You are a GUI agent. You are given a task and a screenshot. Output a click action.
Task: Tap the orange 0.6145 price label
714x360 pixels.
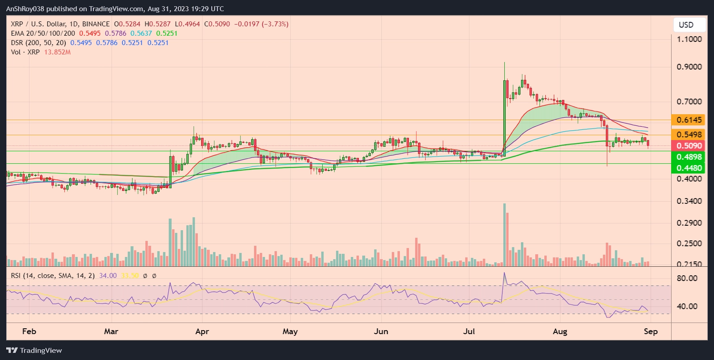689,120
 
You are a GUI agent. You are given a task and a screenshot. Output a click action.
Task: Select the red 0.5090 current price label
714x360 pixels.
689,146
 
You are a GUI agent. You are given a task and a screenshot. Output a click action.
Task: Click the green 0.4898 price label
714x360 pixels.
689,157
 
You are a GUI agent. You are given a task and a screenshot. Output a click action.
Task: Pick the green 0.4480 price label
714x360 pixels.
689,168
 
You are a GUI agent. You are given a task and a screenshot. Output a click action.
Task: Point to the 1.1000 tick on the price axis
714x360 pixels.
689,39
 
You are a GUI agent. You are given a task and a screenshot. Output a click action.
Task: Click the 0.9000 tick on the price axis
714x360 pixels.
689,67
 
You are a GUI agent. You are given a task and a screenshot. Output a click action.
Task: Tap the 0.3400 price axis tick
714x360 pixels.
689,201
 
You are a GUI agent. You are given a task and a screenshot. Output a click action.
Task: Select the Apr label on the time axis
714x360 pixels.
202,331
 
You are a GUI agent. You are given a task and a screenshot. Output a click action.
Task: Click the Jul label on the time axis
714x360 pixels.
469,331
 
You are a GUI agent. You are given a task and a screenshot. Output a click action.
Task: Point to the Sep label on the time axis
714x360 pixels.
651,331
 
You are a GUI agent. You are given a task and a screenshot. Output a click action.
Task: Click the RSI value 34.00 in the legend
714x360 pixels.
108,276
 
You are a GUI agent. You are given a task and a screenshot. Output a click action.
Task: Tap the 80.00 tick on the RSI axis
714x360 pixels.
687,278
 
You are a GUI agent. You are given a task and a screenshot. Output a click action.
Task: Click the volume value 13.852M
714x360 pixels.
57,52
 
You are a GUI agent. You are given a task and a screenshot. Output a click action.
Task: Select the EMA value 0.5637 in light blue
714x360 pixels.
141,33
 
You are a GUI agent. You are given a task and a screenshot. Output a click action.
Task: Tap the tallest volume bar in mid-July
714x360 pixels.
504,235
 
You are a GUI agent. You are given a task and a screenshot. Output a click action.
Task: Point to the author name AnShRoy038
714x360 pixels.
25,9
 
